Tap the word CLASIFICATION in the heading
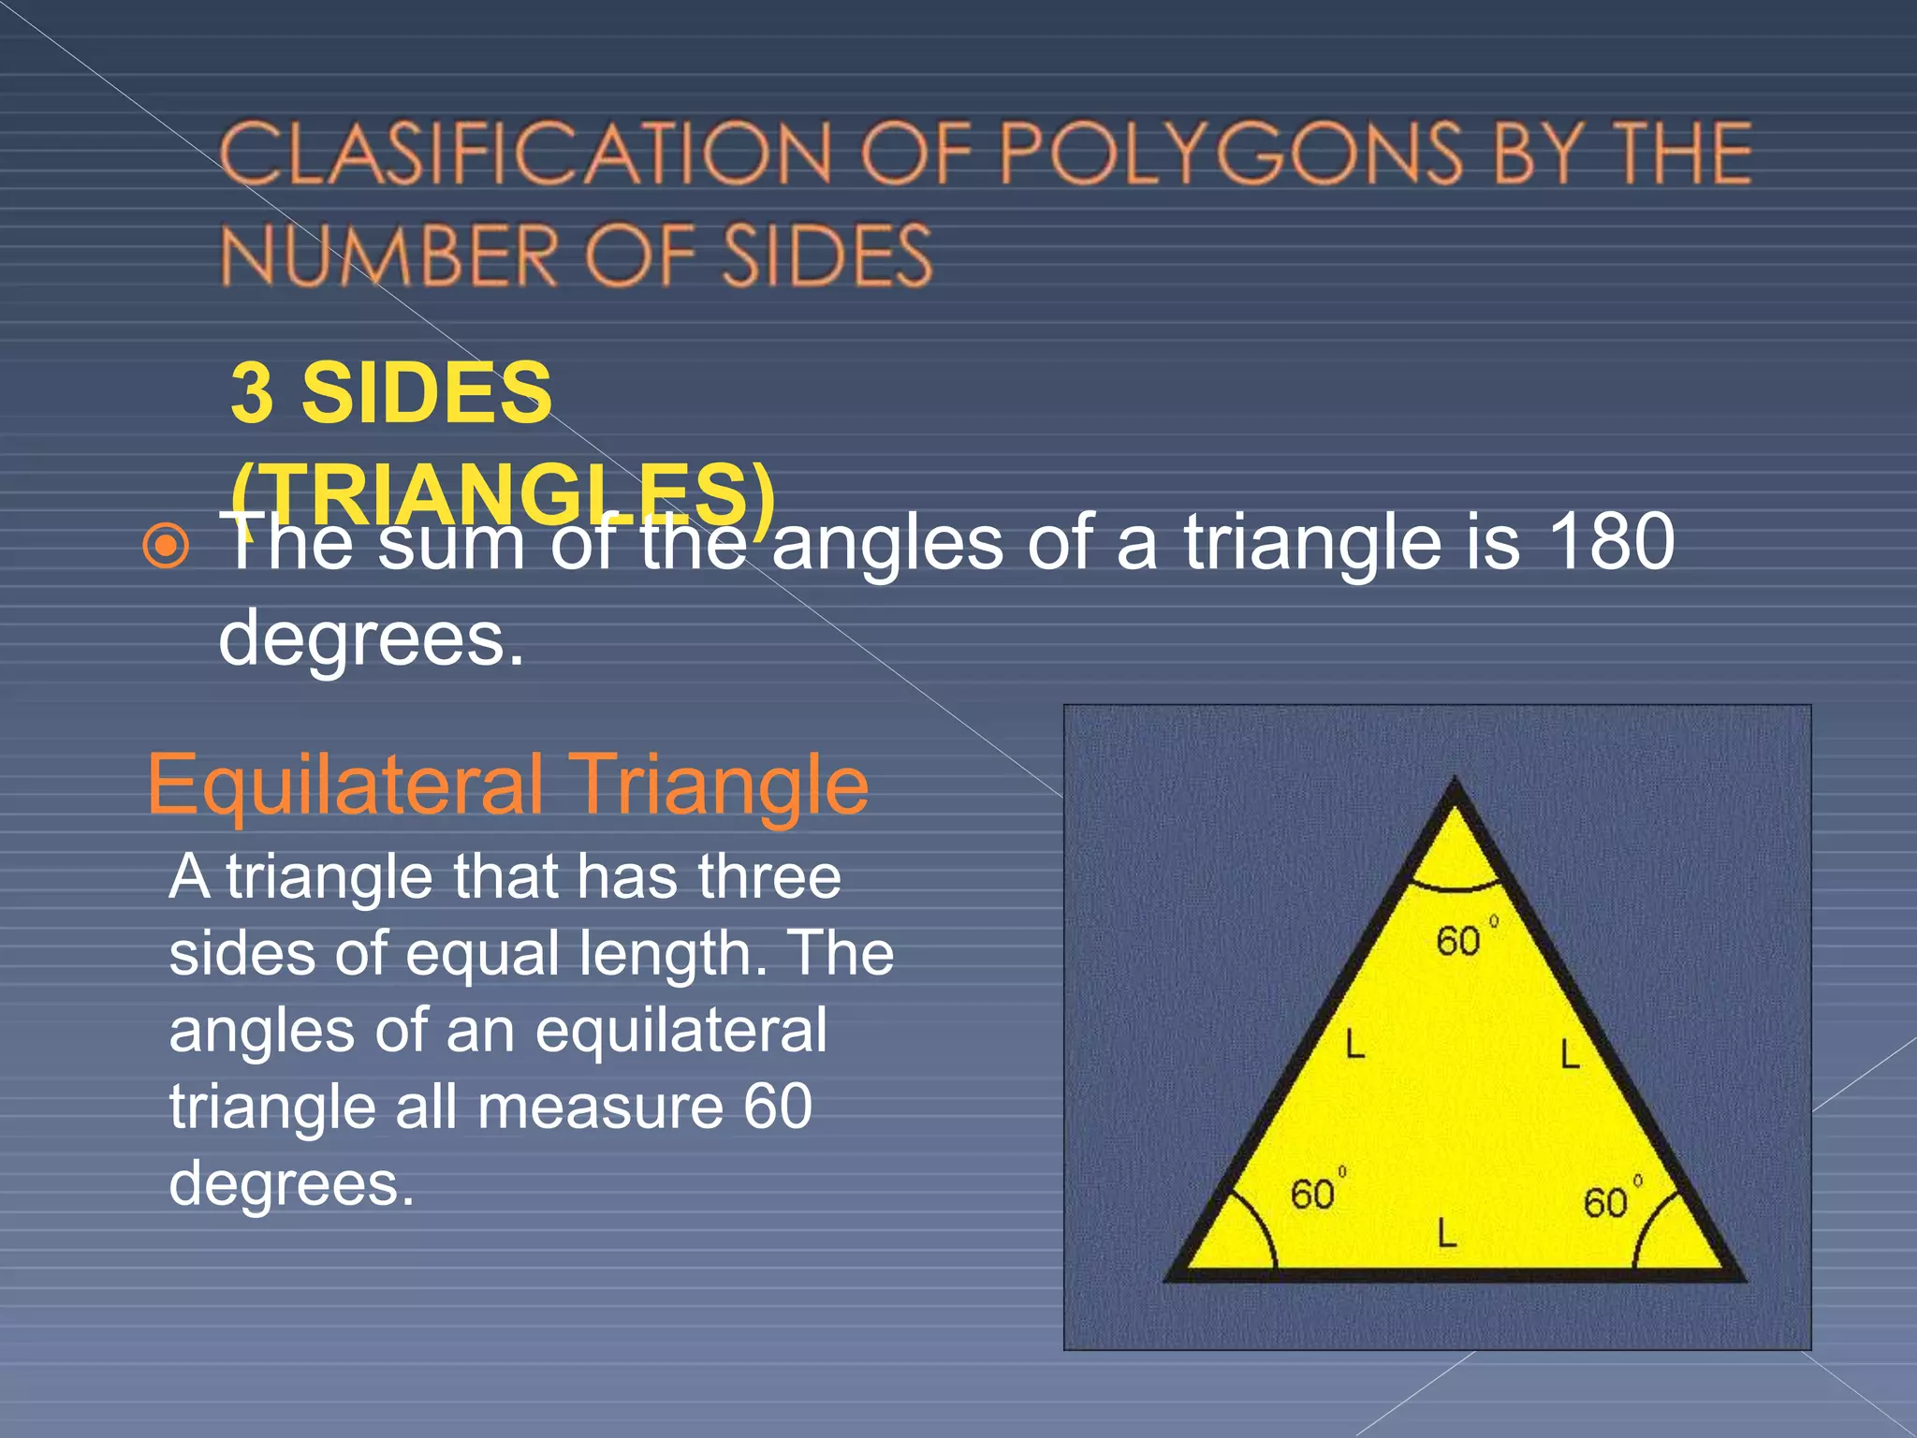[525, 154]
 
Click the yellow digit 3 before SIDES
[252, 393]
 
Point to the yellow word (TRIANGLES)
[504, 493]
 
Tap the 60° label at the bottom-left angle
[1316, 1193]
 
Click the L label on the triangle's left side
[1354, 1044]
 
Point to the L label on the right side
[1570, 1055]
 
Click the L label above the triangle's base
[1447, 1233]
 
